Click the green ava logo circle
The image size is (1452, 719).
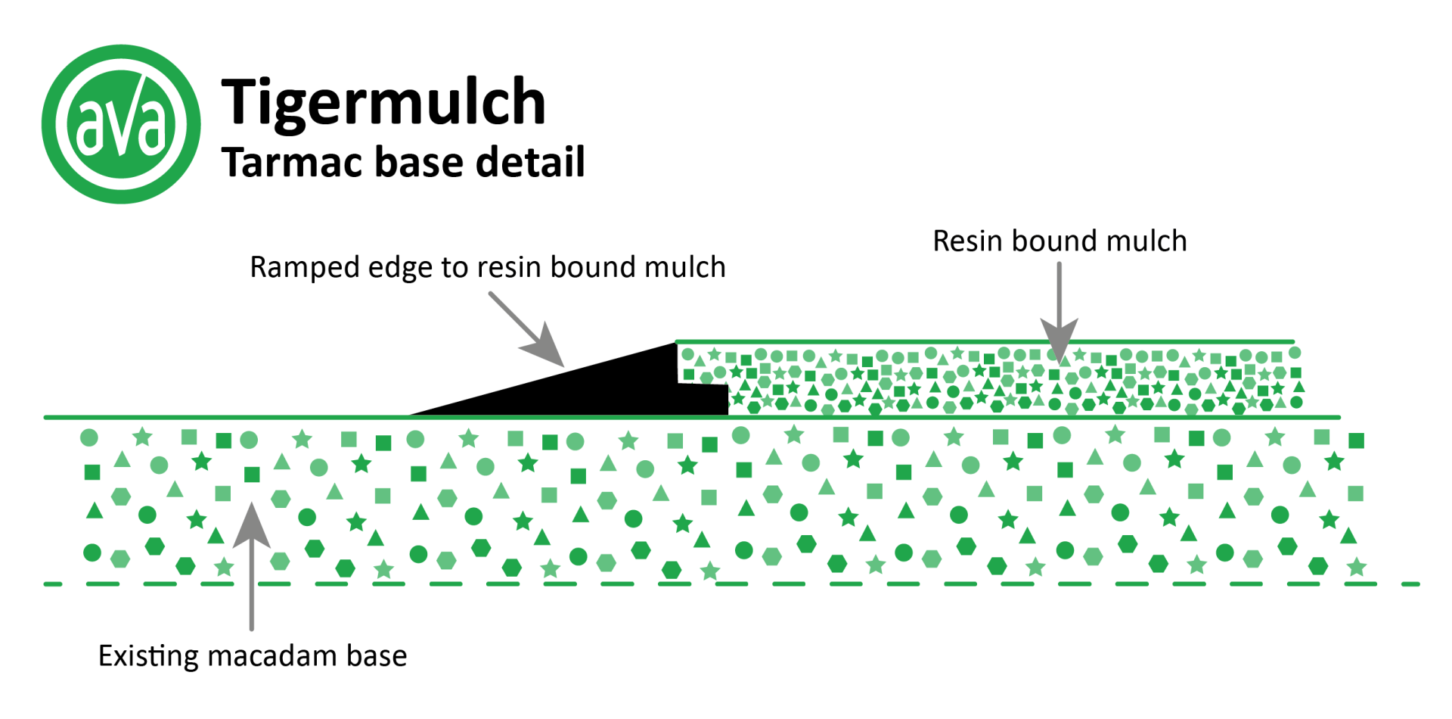tap(121, 124)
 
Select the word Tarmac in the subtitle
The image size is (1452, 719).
tap(293, 162)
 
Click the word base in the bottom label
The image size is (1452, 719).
tap(377, 655)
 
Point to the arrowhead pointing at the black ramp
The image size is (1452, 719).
tap(544, 346)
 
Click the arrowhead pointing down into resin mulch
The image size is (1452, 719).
tap(1059, 339)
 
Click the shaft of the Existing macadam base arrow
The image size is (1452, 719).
tap(252, 587)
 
